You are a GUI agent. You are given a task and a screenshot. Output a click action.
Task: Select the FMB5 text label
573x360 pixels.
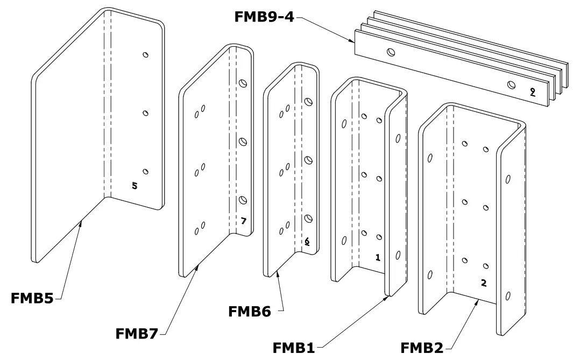click(32, 298)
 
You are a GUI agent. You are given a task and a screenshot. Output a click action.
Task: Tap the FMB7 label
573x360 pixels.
click(137, 333)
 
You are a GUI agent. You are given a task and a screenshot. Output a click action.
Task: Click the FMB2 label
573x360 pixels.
click(422, 347)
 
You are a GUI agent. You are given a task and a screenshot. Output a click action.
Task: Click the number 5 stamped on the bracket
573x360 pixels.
click(135, 186)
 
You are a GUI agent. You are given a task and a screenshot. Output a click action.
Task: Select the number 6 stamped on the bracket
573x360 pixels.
click(307, 242)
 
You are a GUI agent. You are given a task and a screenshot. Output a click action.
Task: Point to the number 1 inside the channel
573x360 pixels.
click(378, 258)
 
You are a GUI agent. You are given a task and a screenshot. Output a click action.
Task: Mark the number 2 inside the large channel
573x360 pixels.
click(484, 283)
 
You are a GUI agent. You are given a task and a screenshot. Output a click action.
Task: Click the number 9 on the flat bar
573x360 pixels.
click(532, 91)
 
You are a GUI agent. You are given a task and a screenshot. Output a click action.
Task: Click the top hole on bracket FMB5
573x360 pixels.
click(145, 54)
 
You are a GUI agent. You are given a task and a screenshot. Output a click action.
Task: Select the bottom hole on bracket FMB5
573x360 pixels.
click(145, 171)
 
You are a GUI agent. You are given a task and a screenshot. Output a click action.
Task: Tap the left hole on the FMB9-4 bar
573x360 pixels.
click(391, 52)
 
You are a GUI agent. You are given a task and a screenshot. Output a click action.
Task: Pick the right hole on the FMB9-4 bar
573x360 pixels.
click(512, 84)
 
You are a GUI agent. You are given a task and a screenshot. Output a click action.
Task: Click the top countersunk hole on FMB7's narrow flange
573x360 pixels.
click(243, 83)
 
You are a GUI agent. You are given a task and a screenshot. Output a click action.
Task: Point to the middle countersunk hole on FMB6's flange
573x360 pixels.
click(309, 160)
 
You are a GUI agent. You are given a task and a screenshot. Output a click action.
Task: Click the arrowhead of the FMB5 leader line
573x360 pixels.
click(80, 221)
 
